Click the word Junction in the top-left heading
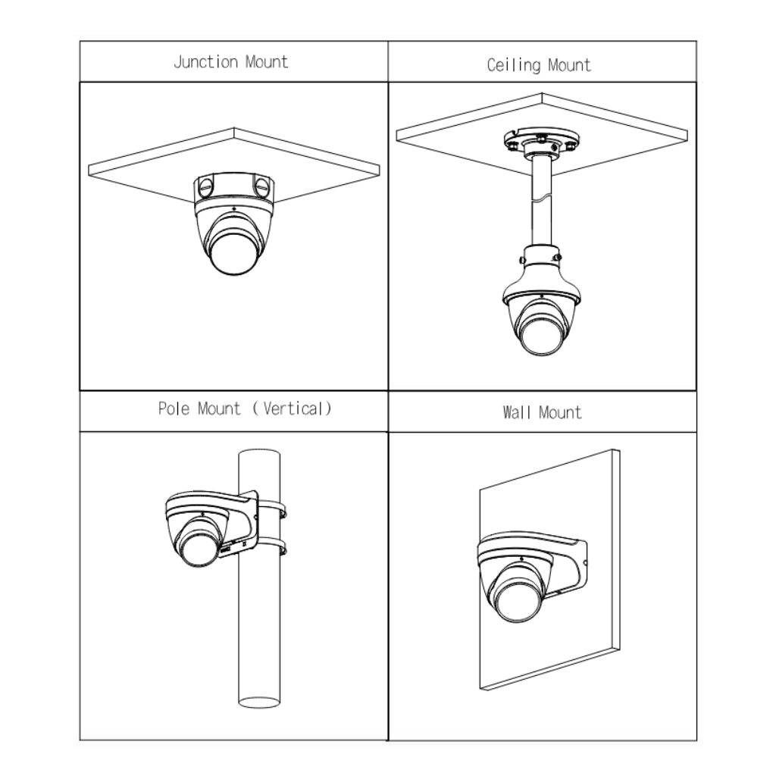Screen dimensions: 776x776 coord(206,62)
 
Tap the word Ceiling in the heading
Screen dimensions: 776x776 coord(514,65)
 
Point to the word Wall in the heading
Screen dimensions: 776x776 coord(517,412)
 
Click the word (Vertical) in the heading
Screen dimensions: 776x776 coord(292,408)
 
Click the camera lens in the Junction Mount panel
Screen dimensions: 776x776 coord(234,253)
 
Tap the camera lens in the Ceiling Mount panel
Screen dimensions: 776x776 coord(542,335)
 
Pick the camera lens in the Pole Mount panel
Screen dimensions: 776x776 coord(199,547)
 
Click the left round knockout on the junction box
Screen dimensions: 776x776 coord(205,187)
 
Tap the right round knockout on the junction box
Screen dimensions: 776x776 coord(261,186)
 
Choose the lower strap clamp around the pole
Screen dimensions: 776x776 coord(272,546)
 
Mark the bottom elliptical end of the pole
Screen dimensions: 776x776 coord(259,702)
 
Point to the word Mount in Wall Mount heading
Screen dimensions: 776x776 coord(561,412)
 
